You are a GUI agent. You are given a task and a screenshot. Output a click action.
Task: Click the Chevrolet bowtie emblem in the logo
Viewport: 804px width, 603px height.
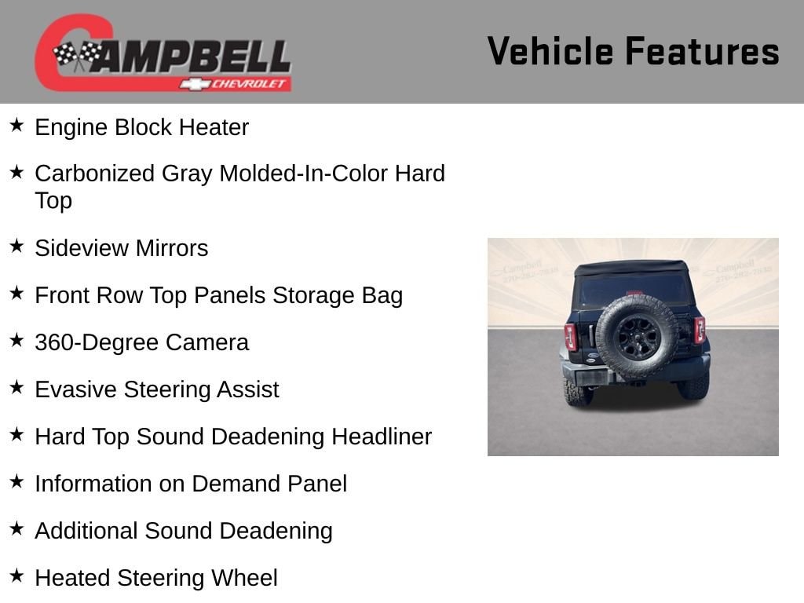click(x=195, y=84)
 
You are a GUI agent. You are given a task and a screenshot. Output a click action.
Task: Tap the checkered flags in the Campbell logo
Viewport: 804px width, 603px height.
click(x=78, y=55)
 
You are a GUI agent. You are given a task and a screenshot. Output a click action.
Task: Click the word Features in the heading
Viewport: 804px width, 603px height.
click(x=702, y=51)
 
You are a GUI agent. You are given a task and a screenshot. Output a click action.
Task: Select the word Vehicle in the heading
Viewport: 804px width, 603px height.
click(x=550, y=51)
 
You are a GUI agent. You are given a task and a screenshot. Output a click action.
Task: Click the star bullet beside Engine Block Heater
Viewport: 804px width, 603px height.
click(x=17, y=125)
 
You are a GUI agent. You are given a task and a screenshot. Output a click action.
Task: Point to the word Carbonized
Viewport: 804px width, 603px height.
click(x=94, y=174)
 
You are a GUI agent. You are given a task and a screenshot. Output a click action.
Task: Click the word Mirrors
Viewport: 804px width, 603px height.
click(x=172, y=248)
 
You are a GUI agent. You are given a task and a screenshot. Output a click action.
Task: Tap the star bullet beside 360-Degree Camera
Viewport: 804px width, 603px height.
click(x=17, y=340)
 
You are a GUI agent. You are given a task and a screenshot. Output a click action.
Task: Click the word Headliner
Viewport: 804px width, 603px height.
click(x=382, y=437)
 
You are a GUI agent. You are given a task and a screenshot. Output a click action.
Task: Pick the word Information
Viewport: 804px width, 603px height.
click(x=94, y=484)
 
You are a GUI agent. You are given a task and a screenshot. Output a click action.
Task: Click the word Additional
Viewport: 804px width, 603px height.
click(x=86, y=532)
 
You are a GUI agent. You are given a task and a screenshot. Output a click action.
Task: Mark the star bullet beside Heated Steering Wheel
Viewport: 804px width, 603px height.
click(x=17, y=576)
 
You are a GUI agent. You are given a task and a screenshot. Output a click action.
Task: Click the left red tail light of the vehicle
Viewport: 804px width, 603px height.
click(x=571, y=337)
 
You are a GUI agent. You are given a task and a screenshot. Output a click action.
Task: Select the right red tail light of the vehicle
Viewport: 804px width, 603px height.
click(x=700, y=330)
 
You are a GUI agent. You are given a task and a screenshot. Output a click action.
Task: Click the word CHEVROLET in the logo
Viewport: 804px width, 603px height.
click(x=249, y=84)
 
